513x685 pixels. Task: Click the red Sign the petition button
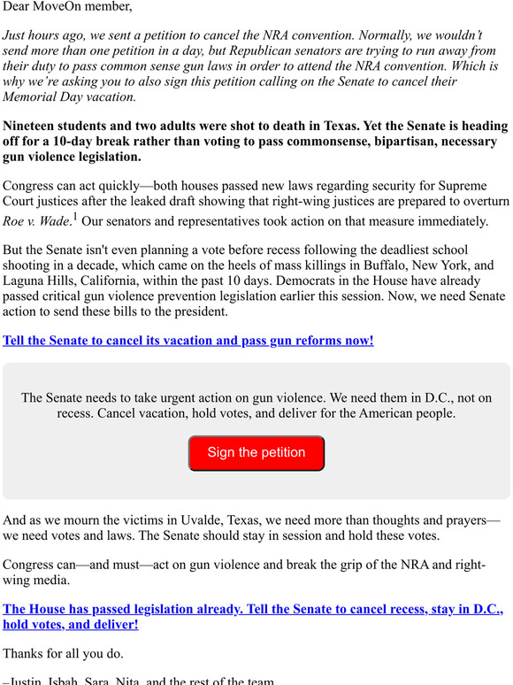point(256,453)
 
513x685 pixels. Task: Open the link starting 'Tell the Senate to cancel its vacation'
point(188,340)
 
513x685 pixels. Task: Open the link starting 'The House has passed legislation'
point(253,610)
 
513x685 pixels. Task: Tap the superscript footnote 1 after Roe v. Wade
point(76,215)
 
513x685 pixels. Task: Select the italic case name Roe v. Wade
point(36,221)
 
